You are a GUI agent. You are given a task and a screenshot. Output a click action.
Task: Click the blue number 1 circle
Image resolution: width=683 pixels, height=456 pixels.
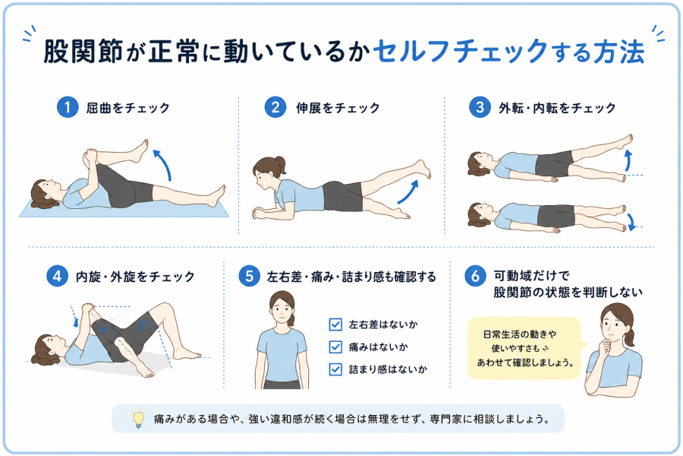coord(67,107)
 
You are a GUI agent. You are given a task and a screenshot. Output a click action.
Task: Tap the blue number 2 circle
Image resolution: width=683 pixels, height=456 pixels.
coord(275,107)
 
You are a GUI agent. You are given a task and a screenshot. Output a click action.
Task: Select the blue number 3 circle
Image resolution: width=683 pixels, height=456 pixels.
coord(480,107)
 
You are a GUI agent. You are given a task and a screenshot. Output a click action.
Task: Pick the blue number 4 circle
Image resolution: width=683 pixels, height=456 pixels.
coord(57,276)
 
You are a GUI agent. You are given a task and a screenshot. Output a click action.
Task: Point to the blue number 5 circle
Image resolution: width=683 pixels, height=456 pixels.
coord(249,276)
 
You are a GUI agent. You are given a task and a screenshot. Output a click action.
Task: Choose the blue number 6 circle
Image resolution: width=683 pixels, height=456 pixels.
coord(475,276)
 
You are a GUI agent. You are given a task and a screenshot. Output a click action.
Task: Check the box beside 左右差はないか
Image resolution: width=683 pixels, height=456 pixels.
coord(335,325)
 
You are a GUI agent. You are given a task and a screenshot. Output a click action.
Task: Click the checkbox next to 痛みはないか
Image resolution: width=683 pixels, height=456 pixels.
coord(335,347)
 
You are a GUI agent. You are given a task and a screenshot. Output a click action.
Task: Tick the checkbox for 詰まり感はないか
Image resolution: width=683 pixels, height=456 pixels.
coord(335,369)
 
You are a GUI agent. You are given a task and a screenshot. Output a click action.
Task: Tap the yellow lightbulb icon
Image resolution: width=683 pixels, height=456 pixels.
coord(139,419)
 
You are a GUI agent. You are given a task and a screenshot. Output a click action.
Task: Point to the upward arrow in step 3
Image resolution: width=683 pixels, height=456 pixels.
coord(628,160)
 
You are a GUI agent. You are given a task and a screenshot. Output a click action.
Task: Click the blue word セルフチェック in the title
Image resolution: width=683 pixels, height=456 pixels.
coord(460,52)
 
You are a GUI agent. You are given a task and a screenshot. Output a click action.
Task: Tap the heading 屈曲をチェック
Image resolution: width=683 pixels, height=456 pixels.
coord(127,108)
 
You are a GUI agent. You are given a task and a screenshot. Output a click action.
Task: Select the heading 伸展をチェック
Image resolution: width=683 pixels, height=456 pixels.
coord(338,108)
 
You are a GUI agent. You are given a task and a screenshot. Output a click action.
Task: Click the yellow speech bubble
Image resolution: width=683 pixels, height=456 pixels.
coord(525,348)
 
